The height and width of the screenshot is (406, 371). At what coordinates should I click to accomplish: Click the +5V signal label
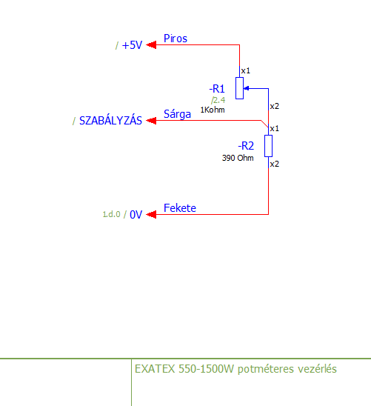tap(132, 45)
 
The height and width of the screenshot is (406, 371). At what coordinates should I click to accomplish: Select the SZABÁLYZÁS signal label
tap(110, 120)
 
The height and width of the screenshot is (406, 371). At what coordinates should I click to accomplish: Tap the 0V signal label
tap(136, 215)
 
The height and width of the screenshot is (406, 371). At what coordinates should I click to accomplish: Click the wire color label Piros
tap(176, 39)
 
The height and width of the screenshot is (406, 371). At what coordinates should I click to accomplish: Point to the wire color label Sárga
tap(177, 114)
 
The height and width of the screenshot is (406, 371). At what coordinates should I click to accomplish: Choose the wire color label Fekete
tap(180, 208)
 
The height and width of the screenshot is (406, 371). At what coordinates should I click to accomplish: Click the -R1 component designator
tap(217, 89)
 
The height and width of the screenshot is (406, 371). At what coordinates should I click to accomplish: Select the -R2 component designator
tap(246, 146)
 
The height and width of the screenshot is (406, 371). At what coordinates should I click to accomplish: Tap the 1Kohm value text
tap(213, 110)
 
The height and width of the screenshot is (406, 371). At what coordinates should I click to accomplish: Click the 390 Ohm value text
tap(238, 158)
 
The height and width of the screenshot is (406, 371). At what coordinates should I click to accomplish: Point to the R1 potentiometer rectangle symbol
tap(239, 88)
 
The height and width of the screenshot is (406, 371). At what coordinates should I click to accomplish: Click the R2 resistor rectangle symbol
tap(268, 146)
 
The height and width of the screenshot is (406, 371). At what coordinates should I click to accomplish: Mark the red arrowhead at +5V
tap(151, 44)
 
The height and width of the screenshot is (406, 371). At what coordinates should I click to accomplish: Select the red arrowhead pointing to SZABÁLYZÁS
tap(151, 121)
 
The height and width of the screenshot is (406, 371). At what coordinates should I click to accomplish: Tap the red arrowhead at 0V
tap(151, 214)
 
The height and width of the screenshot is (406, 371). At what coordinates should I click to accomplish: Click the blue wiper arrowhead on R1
tap(247, 89)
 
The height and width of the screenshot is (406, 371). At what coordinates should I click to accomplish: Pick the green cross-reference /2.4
tap(218, 100)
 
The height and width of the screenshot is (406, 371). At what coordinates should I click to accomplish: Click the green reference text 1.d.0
tap(112, 214)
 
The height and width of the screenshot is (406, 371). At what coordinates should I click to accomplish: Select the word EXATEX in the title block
tap(155, 369)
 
